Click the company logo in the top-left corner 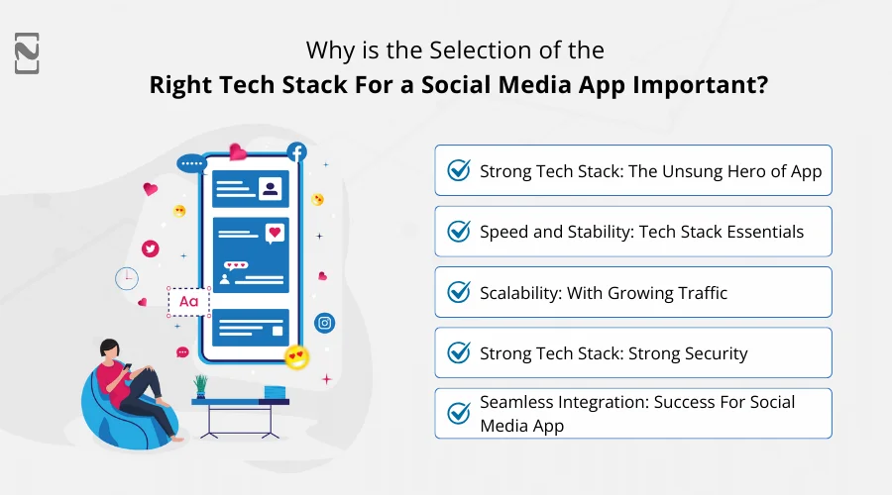pyautogui.click(x=28, y=52)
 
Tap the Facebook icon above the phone pyautogui.click(x=296, y=152)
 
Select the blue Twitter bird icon pyautogui.click(x=150, y=248)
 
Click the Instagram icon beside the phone pyautogui.click(x=324, y=323)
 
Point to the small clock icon pyautogui.click(x=127, y=278)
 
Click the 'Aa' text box pyautogui.click(x=188, y=302)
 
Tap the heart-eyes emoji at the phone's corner pyautogui.click(x=295, y=355)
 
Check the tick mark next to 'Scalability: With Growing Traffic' pyautogui.click(x=459, y=292)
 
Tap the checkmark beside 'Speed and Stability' pyautogui.click(x=459, y=232)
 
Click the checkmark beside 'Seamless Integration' pyautogui.click(x=459, y=413)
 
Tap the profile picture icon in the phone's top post pyautogui.click(x=269, y=188)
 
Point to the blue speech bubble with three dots pyautogui.click(x=189, y=164)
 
